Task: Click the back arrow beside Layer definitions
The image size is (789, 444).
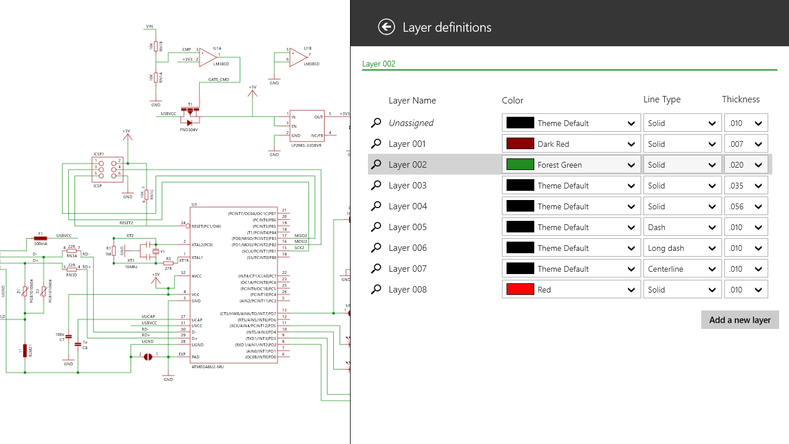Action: tap(386, 27)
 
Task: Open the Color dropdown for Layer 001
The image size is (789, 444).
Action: tap(571, 144)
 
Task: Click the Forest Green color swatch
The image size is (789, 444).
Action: tap(520, 165)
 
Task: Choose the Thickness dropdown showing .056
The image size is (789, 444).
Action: tap(746, 206)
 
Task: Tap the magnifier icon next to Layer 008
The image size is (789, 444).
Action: tap(376, 290)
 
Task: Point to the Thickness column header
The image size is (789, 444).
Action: tap(740, 99)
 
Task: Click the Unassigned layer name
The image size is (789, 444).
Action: tap(411, 123)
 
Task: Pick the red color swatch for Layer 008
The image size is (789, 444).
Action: tap(520, 290)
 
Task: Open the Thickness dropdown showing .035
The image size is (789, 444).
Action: tap(746, 186)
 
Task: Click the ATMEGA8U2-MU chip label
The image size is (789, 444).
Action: tap(207, 367)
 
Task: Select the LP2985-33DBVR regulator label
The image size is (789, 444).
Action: tap(306, 145)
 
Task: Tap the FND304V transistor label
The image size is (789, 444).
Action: tap(189, 129)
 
